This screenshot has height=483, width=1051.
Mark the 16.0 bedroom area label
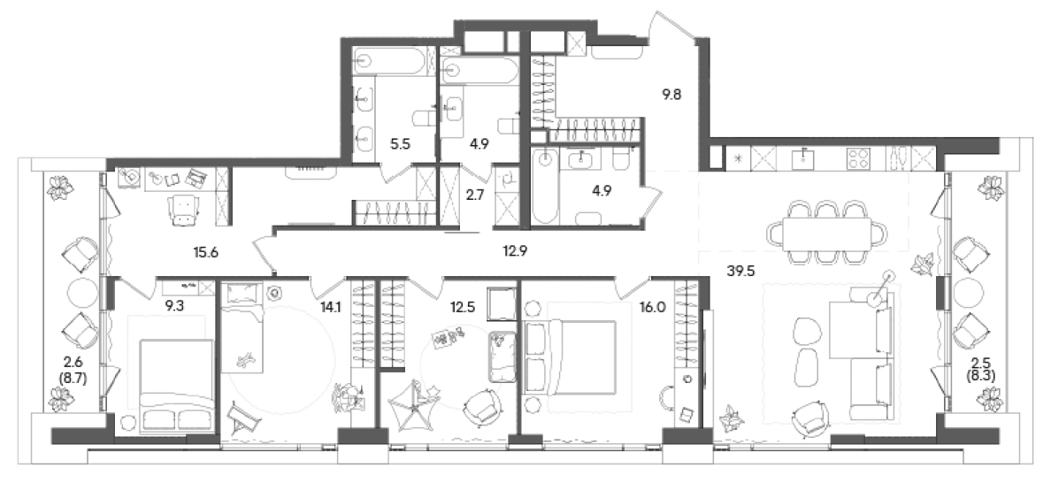656,308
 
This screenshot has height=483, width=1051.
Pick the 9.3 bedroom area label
175,308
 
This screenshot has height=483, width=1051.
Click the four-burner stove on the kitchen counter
859,159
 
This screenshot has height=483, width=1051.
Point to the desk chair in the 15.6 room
183,209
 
